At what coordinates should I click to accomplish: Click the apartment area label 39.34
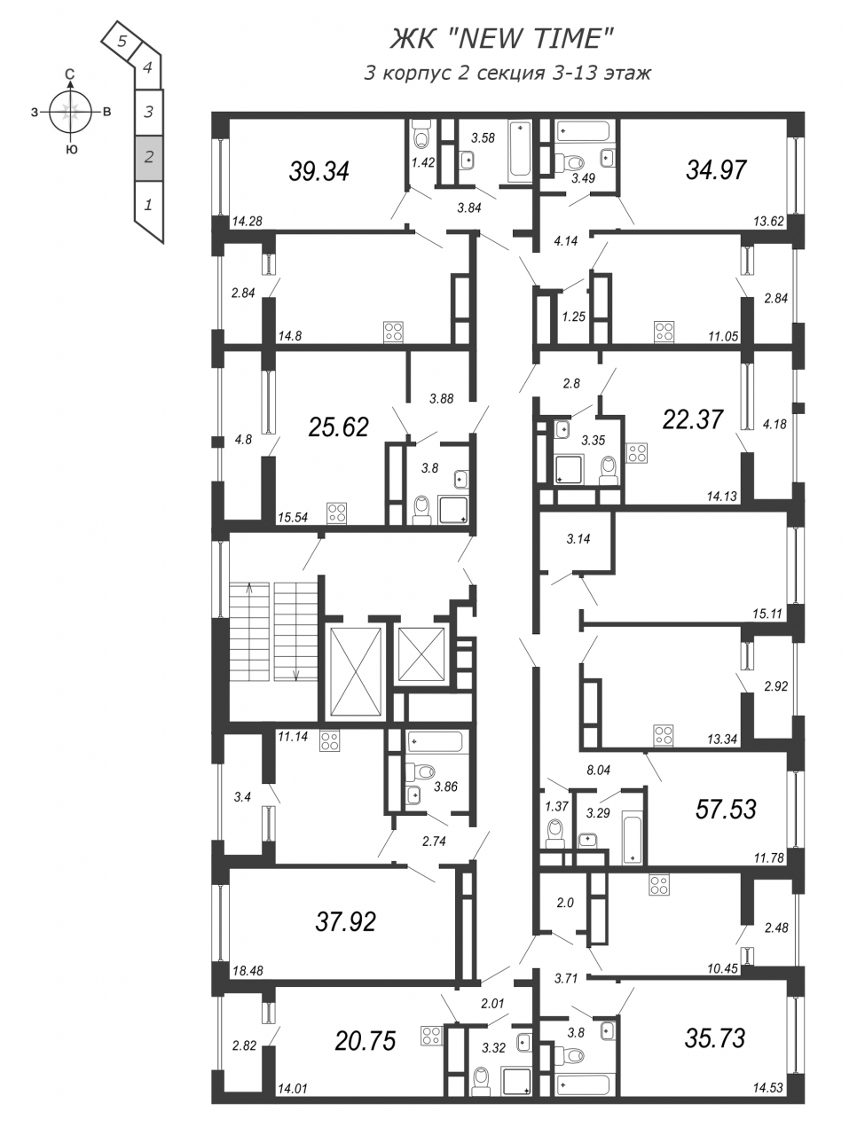(x=318, y=171)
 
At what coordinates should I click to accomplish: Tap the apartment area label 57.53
(x=726, y=809)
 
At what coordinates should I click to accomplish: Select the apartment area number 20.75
(x=366, y=1040)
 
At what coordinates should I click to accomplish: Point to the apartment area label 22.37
(x=693, y=419)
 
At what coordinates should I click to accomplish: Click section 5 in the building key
(x=122, y=42)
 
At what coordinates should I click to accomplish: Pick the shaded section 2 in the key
(x=149, y=157)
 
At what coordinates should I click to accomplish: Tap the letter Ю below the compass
(x=72, y=150)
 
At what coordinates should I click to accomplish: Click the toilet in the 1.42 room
(x=423, y=133)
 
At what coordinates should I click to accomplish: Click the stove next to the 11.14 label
(x=329, y=740)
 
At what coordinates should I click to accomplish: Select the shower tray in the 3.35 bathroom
(x=570, y=469)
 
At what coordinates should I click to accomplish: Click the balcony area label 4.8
(x=242, y=440)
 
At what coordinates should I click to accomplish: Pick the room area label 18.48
(x=248, y=971)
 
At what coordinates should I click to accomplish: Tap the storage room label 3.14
(x=578, y=539)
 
